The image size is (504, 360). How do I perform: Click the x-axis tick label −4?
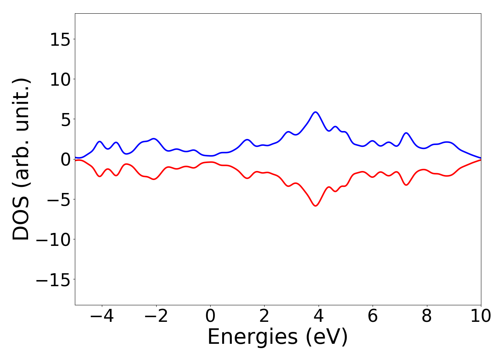coord(102,316)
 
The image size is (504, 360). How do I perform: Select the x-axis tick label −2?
coord(156,316)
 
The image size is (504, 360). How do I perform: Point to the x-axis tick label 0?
coord(210,316)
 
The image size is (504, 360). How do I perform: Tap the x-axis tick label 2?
coord(264,316)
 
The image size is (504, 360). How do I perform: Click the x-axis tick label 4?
coord(319,316)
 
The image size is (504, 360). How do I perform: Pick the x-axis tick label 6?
coord(373,316)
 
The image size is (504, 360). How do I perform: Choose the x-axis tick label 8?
coord(427,316)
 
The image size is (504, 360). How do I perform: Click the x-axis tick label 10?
coord(481,316)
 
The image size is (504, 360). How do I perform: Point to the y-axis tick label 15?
coord(60,40)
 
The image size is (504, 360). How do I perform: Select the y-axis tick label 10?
coord(60,80)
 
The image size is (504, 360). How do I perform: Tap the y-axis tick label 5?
coord(65,120)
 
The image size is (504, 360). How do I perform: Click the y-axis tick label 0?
coord(65,159)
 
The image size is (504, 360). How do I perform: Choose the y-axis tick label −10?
coord(53,239)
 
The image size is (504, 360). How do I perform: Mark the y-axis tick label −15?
coord(53,279)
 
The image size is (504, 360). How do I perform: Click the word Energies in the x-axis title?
coord(252,338)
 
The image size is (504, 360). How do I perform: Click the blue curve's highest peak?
coord(316,112)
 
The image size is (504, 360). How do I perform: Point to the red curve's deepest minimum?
coord(316,206)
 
